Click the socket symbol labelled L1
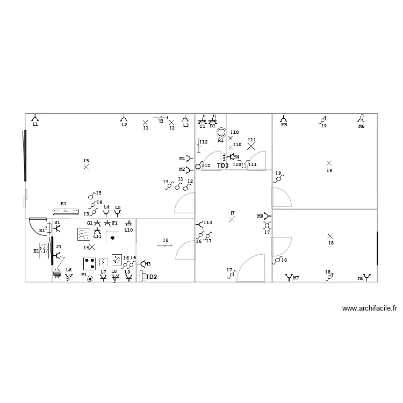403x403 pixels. (x=35, y=118)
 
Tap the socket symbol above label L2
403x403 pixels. (x=124, y=118)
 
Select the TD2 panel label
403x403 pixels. (x=152, y=277)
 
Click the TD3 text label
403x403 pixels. (x=222, y=166)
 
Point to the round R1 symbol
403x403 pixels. (x=220, y=133)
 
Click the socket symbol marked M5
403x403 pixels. (x=284, y=118)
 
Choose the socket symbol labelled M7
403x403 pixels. (x=289, y=277)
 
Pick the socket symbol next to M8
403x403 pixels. (x=368, y=277)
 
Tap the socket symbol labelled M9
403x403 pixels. (x=267, y=216)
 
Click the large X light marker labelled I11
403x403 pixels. (x=251, y=146)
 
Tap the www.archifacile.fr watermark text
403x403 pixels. (x=369, y=308)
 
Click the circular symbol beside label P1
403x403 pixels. (x=90, y=278)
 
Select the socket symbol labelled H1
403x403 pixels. (x=57, y=228)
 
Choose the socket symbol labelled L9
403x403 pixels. (x=128, y=278)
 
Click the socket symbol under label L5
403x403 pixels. (x=118, y=213)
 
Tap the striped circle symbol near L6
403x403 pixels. (x=57, y=273)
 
